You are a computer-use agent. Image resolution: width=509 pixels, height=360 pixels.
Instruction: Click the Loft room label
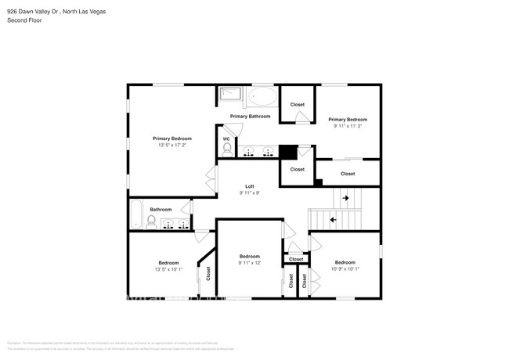249,186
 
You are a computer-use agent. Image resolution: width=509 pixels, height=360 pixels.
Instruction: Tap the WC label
226,139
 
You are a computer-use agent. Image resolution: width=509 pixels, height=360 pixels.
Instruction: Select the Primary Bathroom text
250,117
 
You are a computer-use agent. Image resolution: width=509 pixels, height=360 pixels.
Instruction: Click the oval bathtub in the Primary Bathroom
263,98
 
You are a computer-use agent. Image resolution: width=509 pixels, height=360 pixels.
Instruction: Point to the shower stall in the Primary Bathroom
230,96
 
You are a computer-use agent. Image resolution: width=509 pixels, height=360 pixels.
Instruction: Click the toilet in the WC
227,149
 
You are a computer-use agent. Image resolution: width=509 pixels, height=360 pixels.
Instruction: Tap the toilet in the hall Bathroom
150,222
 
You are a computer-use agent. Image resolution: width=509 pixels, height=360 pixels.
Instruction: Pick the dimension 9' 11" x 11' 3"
348,124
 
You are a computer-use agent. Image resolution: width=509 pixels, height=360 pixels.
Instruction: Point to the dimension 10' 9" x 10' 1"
345,269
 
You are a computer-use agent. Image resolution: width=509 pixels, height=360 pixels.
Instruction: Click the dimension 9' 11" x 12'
250,263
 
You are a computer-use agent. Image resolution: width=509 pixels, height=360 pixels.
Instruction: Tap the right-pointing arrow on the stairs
345,199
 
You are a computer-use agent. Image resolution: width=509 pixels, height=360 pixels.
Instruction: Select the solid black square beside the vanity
287,152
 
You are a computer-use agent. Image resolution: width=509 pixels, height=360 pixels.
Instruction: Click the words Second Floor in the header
25,20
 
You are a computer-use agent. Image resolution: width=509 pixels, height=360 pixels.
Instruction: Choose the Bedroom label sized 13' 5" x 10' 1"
168,263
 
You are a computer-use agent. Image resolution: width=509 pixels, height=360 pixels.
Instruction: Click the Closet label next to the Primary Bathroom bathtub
298,104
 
